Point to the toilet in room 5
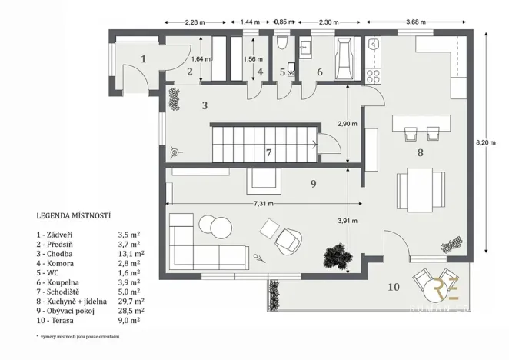(x=282, y=44)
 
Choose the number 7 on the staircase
(x=268, y=152)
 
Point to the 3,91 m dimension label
(x=348, y=222)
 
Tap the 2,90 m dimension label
(x=348, y=124)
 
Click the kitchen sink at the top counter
(x=374, y=44)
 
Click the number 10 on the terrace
(x=393, y=288)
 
